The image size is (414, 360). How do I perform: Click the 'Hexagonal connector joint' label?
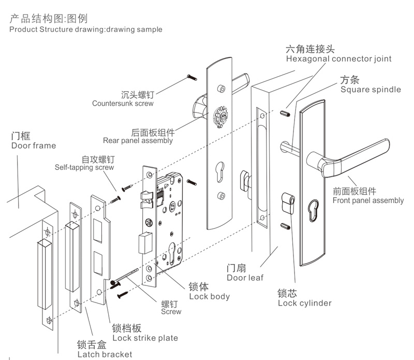(x=338, y=59)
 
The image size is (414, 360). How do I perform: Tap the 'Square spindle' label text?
(x=370, y=89)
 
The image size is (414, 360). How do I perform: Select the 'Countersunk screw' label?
(x=123, y=103)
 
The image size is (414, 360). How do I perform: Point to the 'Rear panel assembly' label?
(x=138, y=140)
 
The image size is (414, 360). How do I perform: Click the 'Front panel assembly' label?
(x=367, y=200)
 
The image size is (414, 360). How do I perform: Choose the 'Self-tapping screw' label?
(x=84, y=167)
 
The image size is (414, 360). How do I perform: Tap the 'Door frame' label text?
(x=33, y=146)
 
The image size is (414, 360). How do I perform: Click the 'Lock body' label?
(x=209, y=296)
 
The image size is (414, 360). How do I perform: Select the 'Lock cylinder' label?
(x=304, y=303)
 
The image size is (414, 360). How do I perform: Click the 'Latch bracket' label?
(x=105, y=354)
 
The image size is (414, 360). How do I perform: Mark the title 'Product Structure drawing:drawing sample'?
(x=85, y=30)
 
